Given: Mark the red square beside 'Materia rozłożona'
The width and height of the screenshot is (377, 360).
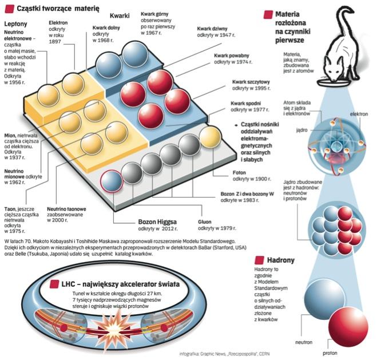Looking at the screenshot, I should pyautogui.click(x=268, y=13).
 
